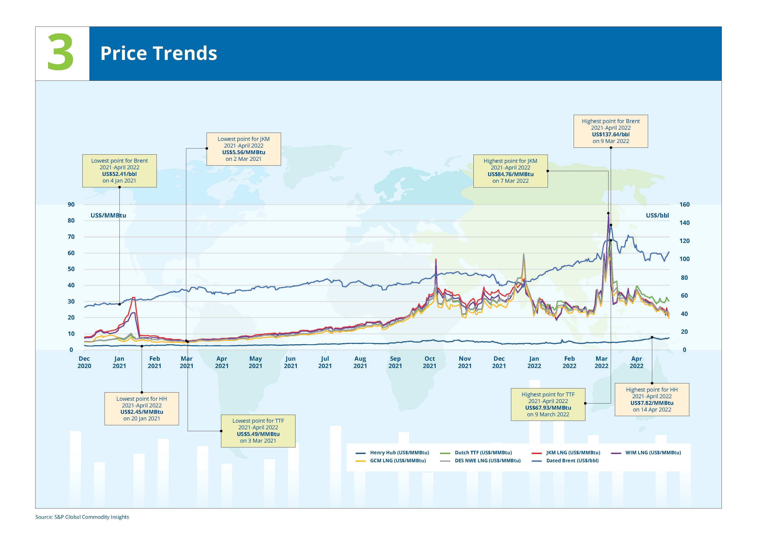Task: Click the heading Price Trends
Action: point(159,53)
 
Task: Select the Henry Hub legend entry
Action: point(393,453)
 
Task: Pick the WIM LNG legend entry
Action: point(646,453)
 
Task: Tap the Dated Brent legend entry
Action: point(565,460)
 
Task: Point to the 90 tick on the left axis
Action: point(71,204)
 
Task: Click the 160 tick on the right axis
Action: point(684,204)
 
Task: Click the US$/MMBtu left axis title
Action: point(108,216)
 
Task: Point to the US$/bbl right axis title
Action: point(657,216)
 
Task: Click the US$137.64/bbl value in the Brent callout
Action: point(611,134)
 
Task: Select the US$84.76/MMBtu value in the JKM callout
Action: point(510,174)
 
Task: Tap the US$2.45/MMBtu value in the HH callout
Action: point(142,412)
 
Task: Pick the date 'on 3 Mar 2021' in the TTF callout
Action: point(258,441)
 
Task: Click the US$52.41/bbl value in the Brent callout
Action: point(119,174)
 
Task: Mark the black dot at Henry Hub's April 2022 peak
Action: point(652,337)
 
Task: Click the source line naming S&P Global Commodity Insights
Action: point(82,517)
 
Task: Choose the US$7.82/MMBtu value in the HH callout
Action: point(652,403)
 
